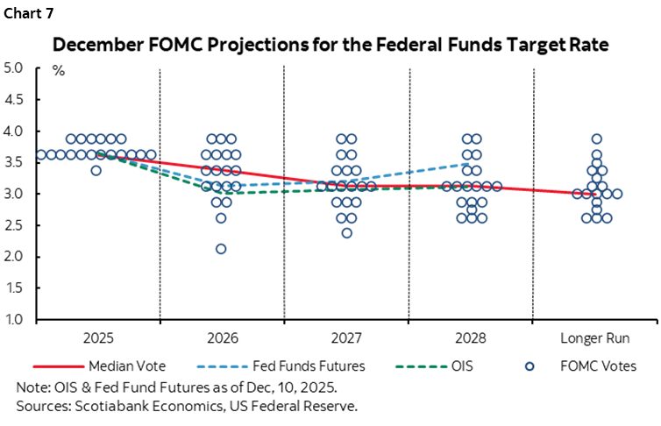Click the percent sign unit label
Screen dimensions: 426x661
tap(59, 71)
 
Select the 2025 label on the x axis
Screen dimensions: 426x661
tap(96, 337)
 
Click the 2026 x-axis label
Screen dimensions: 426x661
tap(221, 337)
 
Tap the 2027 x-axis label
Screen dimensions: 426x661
tap(346, 337)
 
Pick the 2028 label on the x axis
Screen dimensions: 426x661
tap(471, 337)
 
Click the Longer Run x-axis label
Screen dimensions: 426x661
tap(595, 337)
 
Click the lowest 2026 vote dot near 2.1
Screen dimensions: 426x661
tap(221, 249)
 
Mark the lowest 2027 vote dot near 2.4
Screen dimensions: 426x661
tap(346, 233)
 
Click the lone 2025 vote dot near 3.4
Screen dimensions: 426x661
tap(96, 170)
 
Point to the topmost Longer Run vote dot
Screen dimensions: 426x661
tap(596, 138)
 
